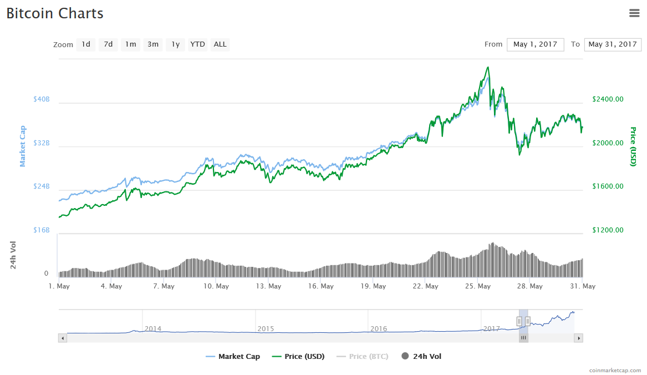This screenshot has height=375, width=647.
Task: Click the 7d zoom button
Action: pos(108,44)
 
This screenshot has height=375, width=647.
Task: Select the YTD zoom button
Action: pos(197,44)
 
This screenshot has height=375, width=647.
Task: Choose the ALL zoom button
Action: pos(220,44)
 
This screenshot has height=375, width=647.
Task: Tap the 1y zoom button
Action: pos(175,44)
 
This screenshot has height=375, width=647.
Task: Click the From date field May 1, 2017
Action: pos(535,44)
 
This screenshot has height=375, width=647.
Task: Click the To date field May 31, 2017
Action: pos(612,44)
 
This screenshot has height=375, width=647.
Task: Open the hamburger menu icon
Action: pos(634,13)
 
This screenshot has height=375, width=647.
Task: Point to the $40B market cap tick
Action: pos(42,99)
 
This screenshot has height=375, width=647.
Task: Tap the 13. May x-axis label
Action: pos(268,286)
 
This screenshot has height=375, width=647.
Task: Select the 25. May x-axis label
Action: pos(478,286)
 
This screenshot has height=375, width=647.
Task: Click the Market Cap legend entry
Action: pos(233,357)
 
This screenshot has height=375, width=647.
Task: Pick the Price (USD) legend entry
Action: pos(299,357)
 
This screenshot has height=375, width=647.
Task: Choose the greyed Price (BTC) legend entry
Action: pos(363,357)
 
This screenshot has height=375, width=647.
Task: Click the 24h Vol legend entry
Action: pos(421,357)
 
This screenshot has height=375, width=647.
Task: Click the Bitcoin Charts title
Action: pos(55,13)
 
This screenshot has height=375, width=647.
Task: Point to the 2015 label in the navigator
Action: pos(266,328)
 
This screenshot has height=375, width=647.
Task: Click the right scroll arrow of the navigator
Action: pos(578,337)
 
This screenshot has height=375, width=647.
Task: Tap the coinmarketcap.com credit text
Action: pos(615,370)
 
